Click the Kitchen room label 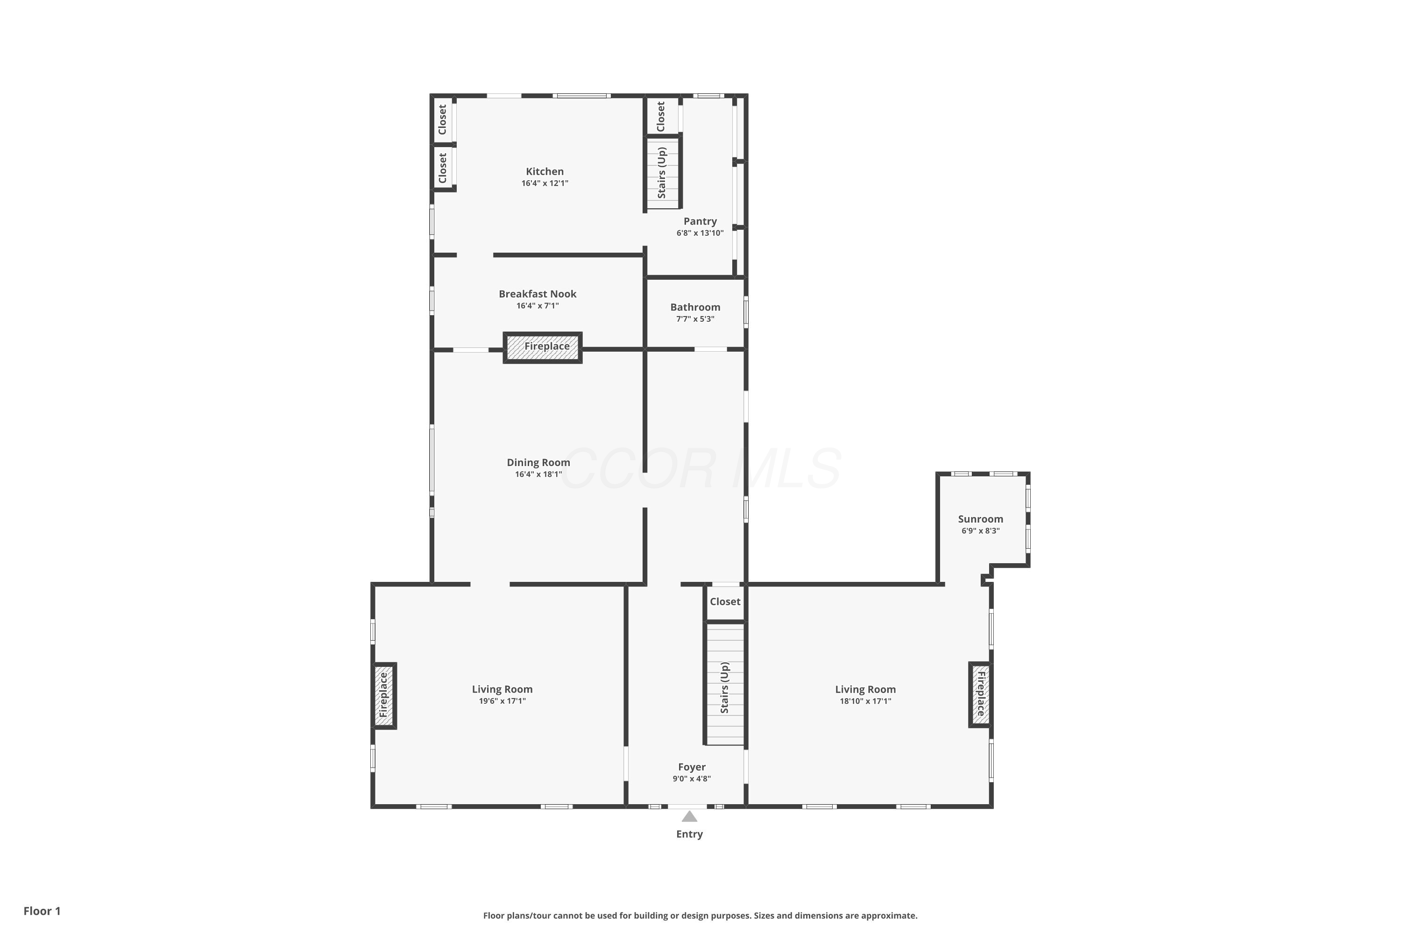(545, 171)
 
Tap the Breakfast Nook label (538, 294)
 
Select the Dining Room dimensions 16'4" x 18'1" (538, 474)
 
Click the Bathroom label (695, 307)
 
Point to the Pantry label (700, 221)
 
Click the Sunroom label (980, 519)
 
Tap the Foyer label (692, 767)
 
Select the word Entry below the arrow (689, 835)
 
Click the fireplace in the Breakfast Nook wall (543, 347)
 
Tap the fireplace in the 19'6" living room (384, 695)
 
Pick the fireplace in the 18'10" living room (980, 694)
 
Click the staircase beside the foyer (725, 683)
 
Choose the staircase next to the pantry (663, 173)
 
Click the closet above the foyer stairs (725, 601)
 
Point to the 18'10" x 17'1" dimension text (865, 701)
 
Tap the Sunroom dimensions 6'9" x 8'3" (980, 531)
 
